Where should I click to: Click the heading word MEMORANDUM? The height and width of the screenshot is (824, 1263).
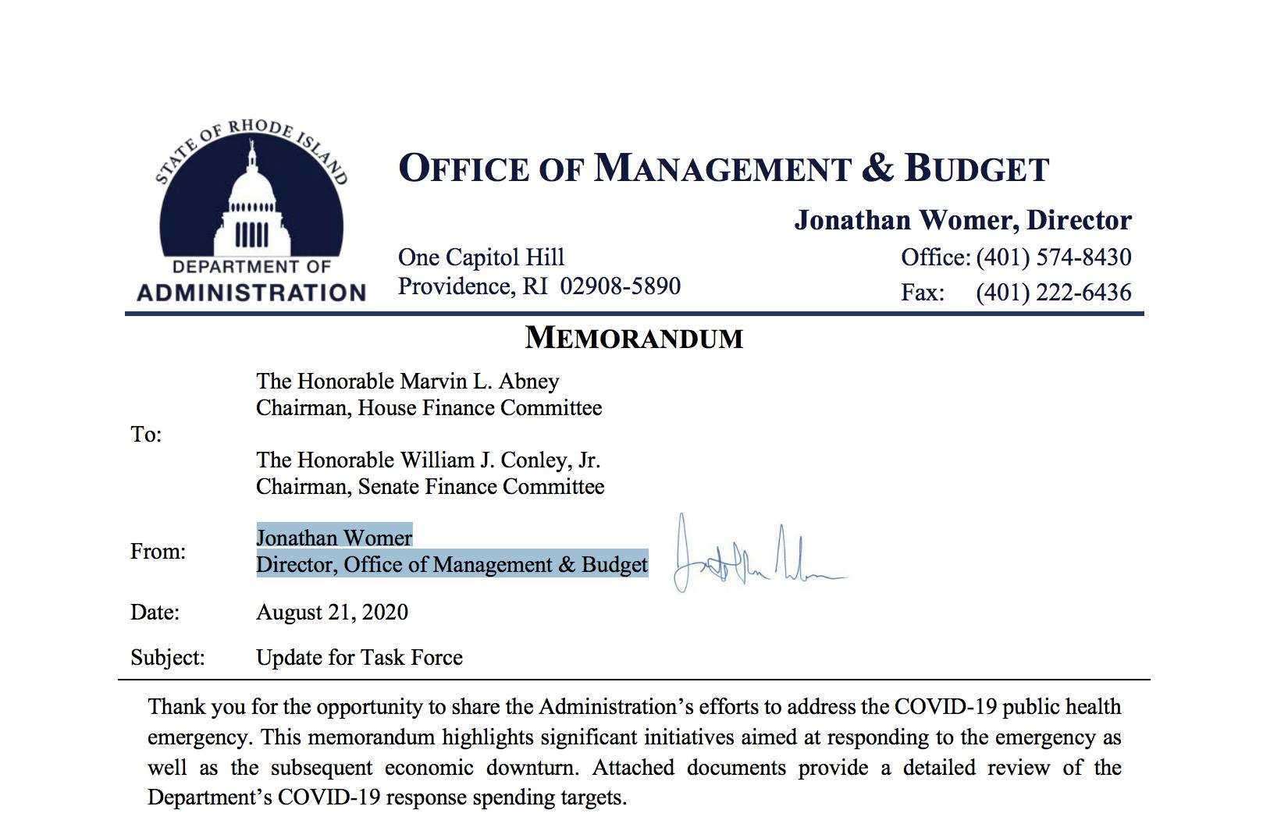(634, 338)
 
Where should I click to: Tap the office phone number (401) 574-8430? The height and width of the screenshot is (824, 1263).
(1053, 257)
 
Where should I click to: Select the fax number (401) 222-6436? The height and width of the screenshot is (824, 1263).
(1053, 292)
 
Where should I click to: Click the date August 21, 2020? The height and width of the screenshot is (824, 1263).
(332, 612)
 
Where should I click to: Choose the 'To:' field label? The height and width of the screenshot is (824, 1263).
(146, 435)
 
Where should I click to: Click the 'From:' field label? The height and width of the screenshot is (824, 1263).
(158, 552)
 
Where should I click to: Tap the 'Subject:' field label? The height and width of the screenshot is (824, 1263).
(167, 658)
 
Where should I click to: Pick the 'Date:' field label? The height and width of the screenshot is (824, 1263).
(155, 612)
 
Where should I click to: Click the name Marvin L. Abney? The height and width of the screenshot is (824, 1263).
(479, 381)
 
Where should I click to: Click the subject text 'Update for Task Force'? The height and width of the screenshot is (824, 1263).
(359, 658)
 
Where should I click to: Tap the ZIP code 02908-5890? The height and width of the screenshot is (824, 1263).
(621, 286)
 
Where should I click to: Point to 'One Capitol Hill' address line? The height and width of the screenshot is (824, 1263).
(481, 257)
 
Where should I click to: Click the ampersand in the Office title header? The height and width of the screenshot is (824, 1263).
(877, 169)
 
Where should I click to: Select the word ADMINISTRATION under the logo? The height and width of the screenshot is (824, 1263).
(251, 293)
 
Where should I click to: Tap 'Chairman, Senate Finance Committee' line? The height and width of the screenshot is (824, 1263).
(430, 487)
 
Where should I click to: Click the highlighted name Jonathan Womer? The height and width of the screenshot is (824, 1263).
(334, 538)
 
